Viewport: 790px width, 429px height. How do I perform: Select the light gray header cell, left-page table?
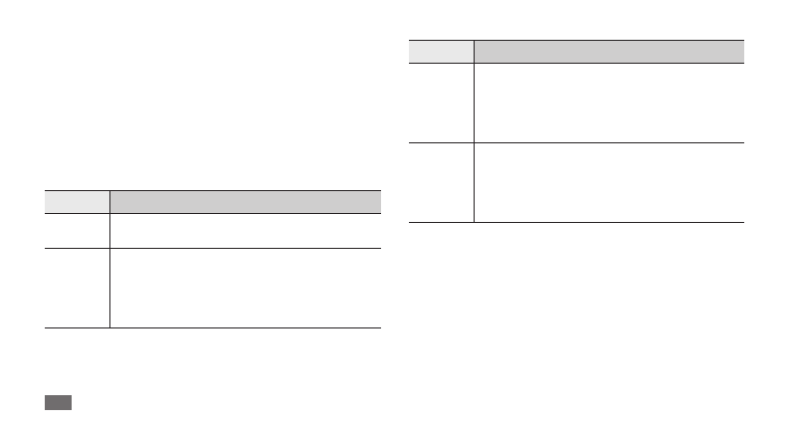77,201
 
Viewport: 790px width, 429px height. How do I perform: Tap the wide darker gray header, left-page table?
245,201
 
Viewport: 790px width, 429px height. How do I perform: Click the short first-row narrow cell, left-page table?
77,230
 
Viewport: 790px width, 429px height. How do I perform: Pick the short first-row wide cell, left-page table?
245,230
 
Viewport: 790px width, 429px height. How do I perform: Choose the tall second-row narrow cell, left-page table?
77,288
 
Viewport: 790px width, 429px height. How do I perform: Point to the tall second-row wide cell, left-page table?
245,288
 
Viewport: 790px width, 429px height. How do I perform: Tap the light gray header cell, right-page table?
442,52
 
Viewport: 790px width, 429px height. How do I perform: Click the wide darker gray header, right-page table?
609,52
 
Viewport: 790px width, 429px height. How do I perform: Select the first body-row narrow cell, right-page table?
442,104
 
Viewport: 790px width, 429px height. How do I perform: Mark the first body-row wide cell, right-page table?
609,104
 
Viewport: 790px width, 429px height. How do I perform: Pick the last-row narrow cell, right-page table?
442,182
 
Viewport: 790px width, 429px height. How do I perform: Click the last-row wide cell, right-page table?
609,182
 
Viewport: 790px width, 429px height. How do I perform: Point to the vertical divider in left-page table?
109,269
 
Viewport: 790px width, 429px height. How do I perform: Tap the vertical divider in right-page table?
475,139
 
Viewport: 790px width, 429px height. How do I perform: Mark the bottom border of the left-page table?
213,327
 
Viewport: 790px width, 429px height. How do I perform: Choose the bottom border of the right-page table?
577,222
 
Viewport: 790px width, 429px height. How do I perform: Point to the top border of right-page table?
577,40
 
